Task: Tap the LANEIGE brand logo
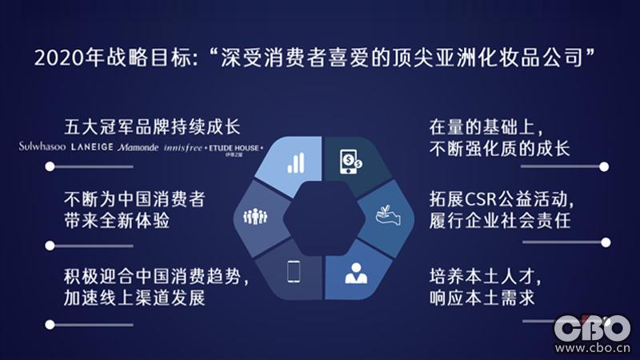(x=92, y=147)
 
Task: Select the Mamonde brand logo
(x=138, y=147)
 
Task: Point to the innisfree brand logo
(x=183, y=147)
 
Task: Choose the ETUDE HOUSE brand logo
(x=233, y=148)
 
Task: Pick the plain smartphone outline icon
(x=294, y=273)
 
